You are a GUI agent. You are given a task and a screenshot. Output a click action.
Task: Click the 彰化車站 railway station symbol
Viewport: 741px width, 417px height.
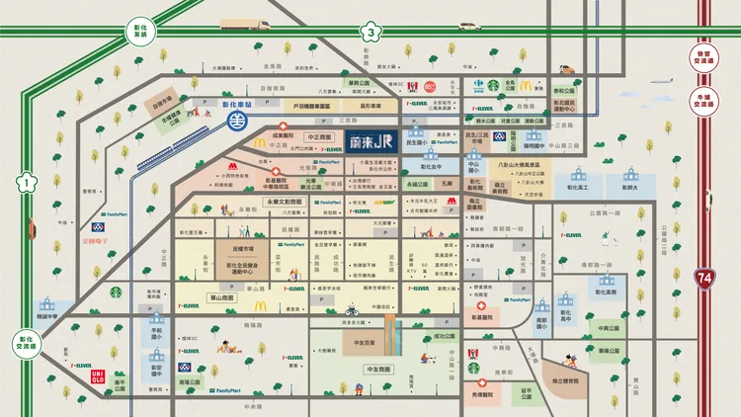pos(235,122)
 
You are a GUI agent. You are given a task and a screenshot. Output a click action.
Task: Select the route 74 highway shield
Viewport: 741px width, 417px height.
pos(704,278)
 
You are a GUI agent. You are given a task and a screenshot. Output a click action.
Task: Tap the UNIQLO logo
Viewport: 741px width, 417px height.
pos(98,376)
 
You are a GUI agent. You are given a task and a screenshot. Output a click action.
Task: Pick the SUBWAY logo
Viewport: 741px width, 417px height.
pos(384,203)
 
